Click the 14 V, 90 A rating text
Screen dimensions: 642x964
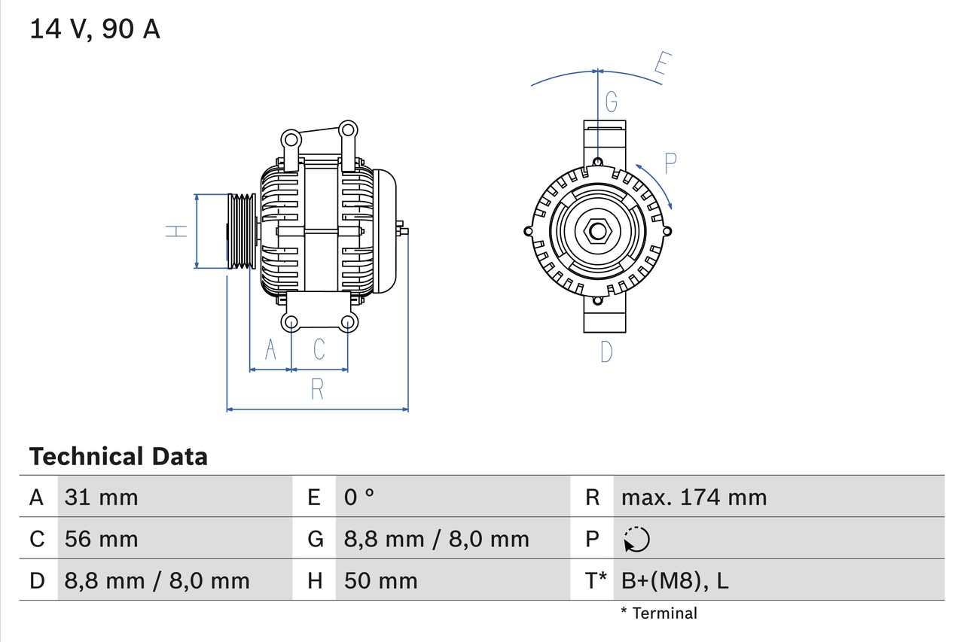tap(95, 29)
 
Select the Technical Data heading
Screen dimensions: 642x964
tap(118, 456)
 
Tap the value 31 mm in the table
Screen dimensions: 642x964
tap(101, 497)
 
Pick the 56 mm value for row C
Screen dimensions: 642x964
tap(101, 539)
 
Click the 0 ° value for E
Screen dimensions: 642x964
tap(359, 497)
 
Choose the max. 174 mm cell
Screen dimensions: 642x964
tap(694, 497)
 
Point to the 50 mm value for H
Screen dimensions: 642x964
tap(380, 581)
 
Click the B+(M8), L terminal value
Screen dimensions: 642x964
tap(675, 581)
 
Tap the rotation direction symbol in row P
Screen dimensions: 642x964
tap(636, 540)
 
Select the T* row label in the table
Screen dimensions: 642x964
tap(596, 581)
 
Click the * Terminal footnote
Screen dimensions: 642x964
tap(659, 613)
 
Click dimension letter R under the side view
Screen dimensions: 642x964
tap(317, 389)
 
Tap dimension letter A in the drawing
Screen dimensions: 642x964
tap(270, 349)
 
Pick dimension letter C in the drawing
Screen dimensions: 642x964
tap(319, 349)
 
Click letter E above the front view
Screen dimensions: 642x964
tap(661, 65)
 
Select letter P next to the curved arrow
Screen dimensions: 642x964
tap(670, 163)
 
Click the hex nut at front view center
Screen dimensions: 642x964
tap(597, 231)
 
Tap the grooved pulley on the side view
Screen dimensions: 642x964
tap(242, 231)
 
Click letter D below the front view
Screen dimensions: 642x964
tap(606, 351)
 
